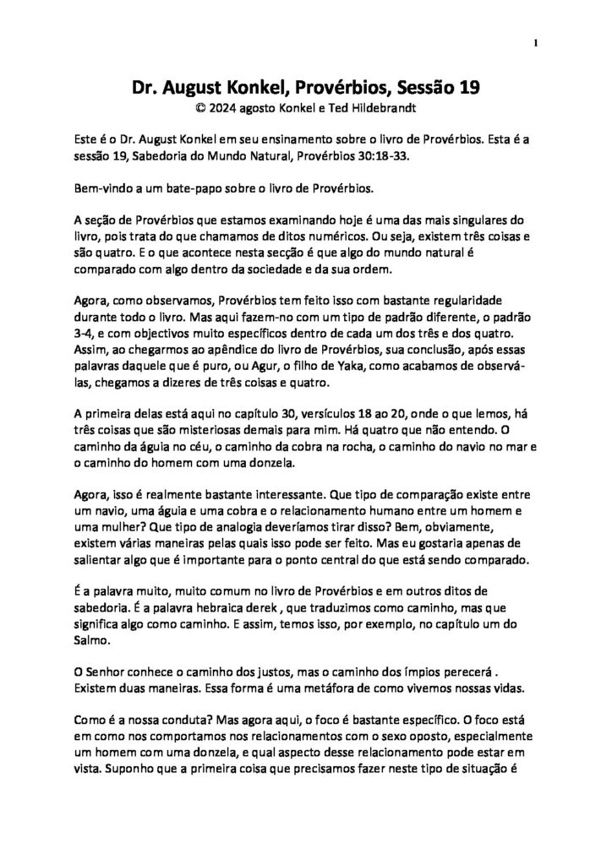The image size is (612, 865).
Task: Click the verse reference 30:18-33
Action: pos(383,153)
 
